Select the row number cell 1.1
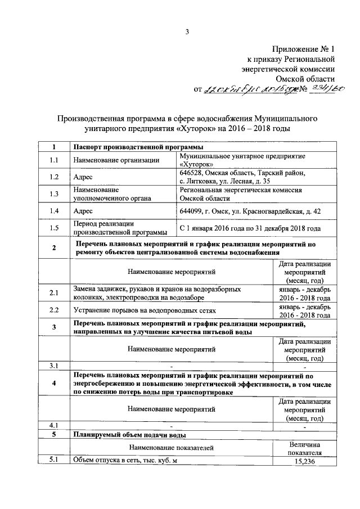[x=53, y=160]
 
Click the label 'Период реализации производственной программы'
[x=120, y=228]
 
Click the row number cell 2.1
[x=53, y=293]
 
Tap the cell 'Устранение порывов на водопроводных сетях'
[x=145, y=310]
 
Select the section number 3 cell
[x=53, y=328]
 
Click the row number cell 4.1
[x=53, y=424]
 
